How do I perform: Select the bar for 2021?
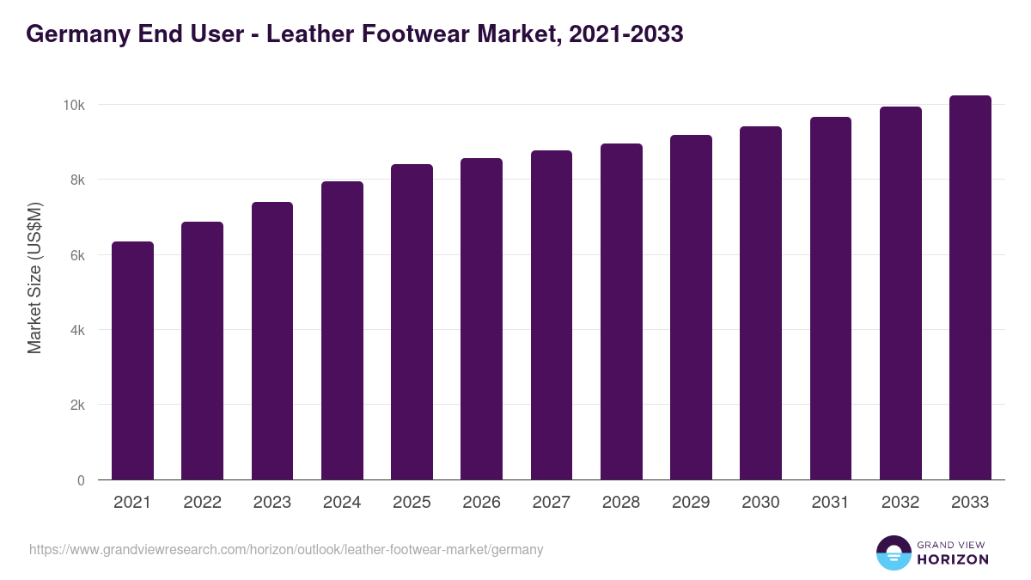pyautogui.click(x=132, y=361)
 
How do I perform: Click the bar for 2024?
pyautogui.click(x=342, y=331)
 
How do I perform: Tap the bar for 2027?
pyautogui.click(x=552, y=315)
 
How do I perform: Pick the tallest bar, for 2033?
pyautogui.click(x=970, y=288)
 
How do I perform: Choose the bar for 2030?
pyautogui.click(x=760, y=303)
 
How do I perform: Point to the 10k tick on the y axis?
pyautogui.click(x=73, y=105)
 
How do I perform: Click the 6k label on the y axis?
pyautogui.click(x=76, y=255)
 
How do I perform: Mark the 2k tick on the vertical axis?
pyautogui.click(x=76, y=406)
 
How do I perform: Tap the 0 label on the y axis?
pyautogui.click(x=81, y=480)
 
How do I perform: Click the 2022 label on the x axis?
pyautogui.click(x=202, y=503)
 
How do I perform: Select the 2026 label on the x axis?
pyautogui.click(x=481, y=503)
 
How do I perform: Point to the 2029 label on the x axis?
pyautogui.click(x=691, y=503)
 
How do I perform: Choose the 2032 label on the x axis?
pyautogui.click(x=900, y=503)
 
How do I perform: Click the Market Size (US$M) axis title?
pyautogui.click(x=34, y=278)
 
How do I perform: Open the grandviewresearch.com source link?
pyautogui.click(x=286, y=549)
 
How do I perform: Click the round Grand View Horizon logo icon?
pyautogui.click(x=893, y=553)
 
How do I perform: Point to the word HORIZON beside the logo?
pyautogui.click(x=952, y=559)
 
